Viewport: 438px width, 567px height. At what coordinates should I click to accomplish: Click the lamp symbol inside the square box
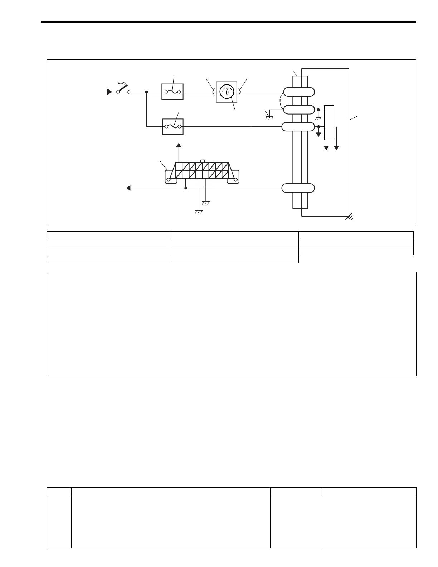(227, 92)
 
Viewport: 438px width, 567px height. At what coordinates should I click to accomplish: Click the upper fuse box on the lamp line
(172, 92)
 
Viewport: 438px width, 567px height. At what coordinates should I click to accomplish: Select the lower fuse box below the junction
(173, 127)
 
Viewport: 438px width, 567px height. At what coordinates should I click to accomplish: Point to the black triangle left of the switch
(109, 92)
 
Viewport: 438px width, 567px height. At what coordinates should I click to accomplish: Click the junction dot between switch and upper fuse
(147, 92)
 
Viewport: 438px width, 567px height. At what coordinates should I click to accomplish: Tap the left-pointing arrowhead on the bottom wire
(128, 188)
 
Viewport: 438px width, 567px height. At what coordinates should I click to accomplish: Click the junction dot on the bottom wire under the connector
(186, 188)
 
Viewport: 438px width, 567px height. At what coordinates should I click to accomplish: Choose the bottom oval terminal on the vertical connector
(298, 188)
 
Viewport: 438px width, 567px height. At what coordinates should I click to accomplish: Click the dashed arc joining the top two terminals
(281, 101)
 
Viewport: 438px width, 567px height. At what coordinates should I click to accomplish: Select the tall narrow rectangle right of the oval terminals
(329, 122)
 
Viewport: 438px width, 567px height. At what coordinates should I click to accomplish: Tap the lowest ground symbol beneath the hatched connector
(199, 212)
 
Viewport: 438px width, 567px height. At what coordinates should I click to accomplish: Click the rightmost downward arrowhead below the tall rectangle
(336, 147)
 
